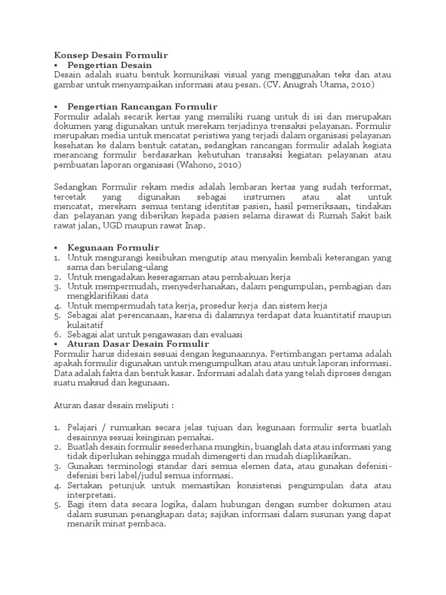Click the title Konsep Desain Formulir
click(x=110, y=55)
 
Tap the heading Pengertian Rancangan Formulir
click(x=142, y=106)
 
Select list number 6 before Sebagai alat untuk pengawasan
click(x=56, y=334)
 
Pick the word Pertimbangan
click(x=297, y=354)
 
